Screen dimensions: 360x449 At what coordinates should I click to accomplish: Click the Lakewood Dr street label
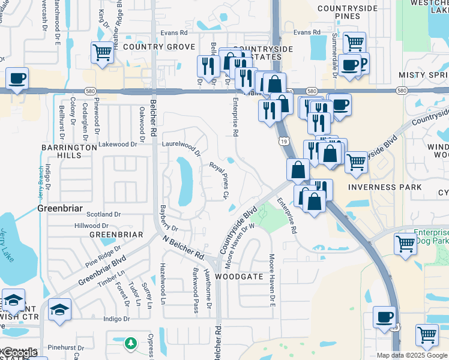118,145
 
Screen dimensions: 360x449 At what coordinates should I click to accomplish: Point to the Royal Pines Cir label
220,179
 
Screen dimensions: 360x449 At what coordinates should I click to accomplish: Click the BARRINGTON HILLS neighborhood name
69,151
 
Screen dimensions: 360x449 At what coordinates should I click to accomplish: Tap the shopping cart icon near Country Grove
102,53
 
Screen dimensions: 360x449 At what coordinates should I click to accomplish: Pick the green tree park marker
131,344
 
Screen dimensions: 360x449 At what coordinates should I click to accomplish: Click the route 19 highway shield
282,141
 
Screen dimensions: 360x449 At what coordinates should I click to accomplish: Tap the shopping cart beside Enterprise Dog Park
405,244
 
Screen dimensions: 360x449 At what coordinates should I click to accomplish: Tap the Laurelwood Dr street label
181,145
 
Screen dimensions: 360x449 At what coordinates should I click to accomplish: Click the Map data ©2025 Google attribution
412,355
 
